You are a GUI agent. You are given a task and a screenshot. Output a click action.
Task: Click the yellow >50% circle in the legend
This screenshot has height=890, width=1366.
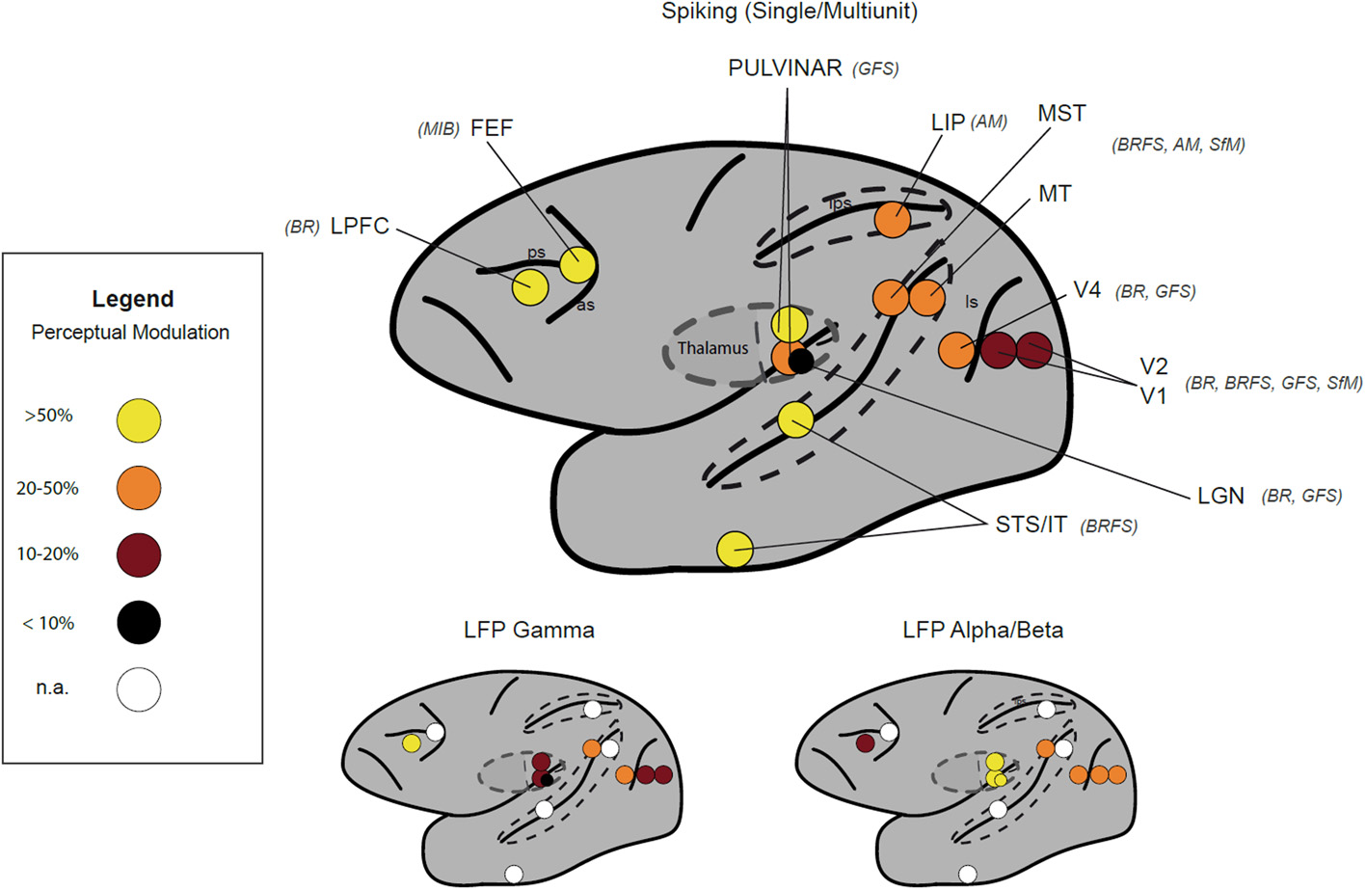pyautogui.click(x=139, y=420)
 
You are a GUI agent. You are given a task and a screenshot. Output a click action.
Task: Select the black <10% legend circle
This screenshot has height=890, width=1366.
pyautogui.click(x=139, y=622)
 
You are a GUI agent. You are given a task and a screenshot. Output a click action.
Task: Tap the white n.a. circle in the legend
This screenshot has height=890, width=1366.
pyautogui.click(x=139, y=689)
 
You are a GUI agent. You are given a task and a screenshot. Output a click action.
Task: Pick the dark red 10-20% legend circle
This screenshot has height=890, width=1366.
pyautogui.click(x=139, y=554)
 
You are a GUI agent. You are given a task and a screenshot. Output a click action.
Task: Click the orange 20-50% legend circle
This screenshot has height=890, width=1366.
pyautogui.click(x=139, y=489)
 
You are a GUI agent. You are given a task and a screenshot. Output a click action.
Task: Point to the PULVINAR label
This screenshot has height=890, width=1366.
pyautogui.click(x=785, y=68)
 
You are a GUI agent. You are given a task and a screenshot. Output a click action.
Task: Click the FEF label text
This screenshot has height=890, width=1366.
pyautogui.click(x=492, y=128)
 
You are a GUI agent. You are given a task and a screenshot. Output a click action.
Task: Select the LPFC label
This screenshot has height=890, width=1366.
pyautogui.click(x=360, y=227)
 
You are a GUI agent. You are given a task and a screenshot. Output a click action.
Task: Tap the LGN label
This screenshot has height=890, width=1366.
pyautogui.click(x=1220, y=496)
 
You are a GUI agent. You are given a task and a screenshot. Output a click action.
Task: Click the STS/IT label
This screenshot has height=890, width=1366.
pyautogui.click(x=1031, y=525)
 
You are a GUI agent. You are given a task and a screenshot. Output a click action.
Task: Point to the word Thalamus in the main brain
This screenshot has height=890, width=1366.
pyautogui.click(x=712, y=348)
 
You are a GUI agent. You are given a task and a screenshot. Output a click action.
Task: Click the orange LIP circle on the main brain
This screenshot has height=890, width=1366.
pyautogui.click(x=893, y=220)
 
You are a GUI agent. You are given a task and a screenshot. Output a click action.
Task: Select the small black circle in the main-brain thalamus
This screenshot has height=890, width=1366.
pyautogui.click(x=801, y=362)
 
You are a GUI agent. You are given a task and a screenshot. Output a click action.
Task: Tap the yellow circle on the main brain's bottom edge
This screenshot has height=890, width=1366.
pyautogui.click(x=735, y=549)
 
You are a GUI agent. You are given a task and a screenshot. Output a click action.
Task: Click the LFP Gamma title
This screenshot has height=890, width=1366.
pyautogui.click(x=528, y=631)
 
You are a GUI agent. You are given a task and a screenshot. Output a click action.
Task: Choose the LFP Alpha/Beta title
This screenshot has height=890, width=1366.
pyautogui.click(x=982, y=631)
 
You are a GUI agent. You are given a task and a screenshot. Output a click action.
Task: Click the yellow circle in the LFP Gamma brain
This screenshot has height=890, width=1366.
pyautogui.click(x=412, y=742)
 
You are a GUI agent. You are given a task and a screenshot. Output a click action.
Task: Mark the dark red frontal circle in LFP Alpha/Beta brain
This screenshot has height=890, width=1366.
pyautogui.click(x=865, y=742)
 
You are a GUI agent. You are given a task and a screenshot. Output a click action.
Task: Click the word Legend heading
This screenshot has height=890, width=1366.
pyautogui.click(x=133, y=299)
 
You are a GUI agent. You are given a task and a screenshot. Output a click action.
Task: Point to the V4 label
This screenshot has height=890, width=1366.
pyautogui.click(x=1086, y=290)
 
